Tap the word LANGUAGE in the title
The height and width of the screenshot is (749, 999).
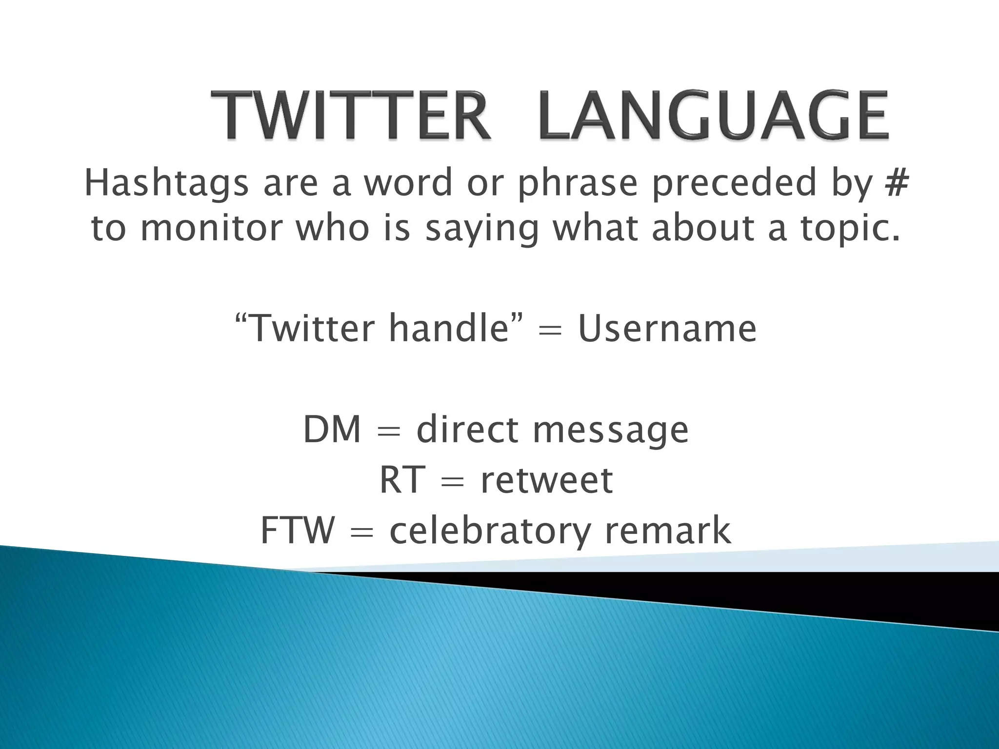coord(713,117)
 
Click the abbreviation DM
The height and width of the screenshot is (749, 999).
coord(332,430)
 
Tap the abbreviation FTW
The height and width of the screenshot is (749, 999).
coord(298,531)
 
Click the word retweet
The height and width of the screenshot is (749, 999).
coord(547,481)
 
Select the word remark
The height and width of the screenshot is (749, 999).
coord(668,531)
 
